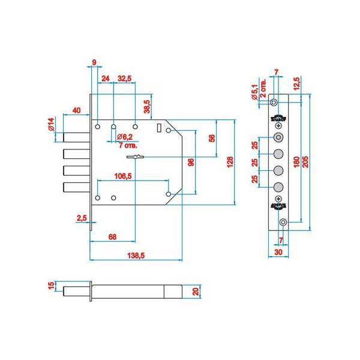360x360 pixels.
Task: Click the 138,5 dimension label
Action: tap(136, 256)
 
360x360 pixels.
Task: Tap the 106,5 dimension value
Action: tap(124, 176)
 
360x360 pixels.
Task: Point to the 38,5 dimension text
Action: tap(147, 107)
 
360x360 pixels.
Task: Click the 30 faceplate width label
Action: tap(278, 253)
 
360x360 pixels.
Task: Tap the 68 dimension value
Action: tap(112, 237)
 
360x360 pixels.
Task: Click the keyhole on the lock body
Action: tap(136, 157)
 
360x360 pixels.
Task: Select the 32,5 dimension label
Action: tap(125, 78)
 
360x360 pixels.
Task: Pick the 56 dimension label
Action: tap(212, 138)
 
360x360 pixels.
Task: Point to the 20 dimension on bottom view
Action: tap(196, 292)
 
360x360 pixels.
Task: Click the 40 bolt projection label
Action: tap(76, 110)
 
